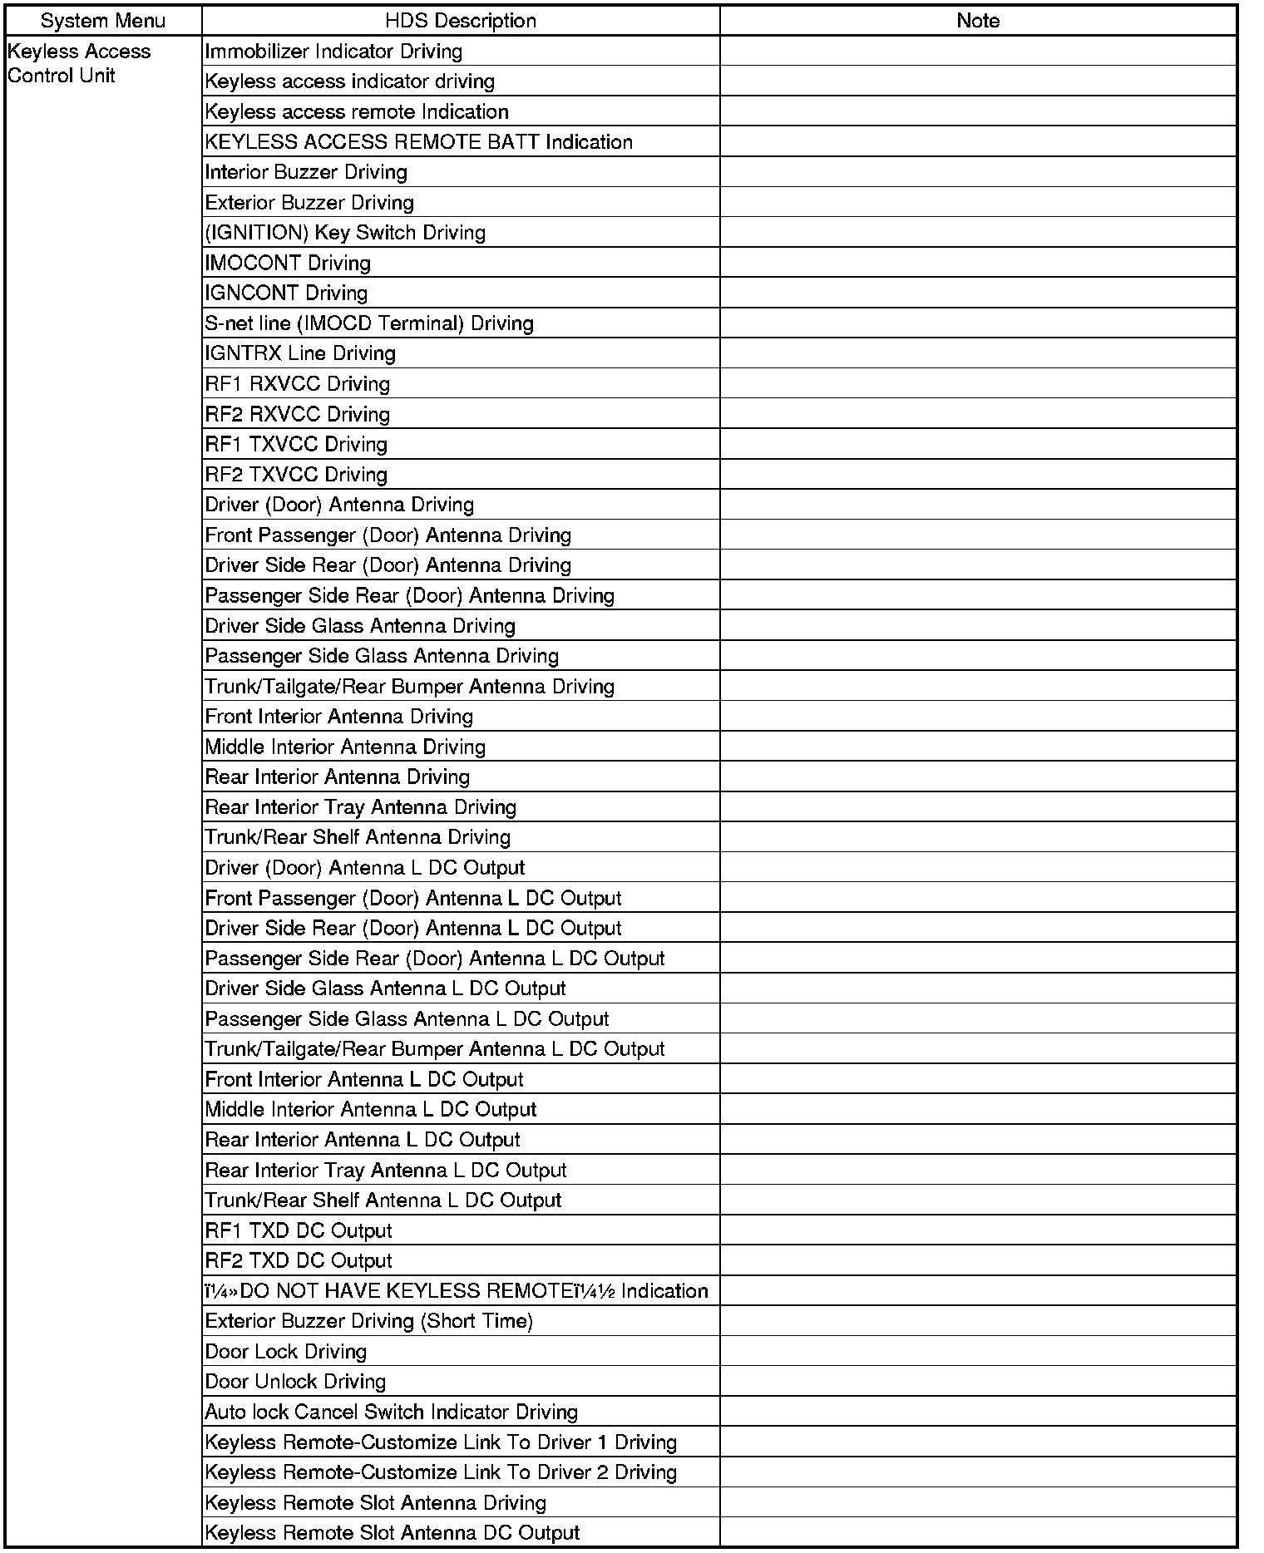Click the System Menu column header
click(x=102, y=21)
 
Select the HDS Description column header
click(x=460, y=21)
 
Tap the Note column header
click(x=978, y=21)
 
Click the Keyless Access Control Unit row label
click(x=79, y=63)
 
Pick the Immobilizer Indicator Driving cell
click(x=333, y=52)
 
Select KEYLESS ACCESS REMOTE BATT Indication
click(x=418, y=142)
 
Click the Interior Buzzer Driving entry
click(x=306, y=172)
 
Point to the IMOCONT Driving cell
click(x=288, y=263)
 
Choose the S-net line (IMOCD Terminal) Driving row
click(x=369, y=323)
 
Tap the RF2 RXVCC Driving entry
click(x=297, y=414)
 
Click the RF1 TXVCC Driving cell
click(x=296, y=444)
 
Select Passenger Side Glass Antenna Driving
click(x=382, y=656)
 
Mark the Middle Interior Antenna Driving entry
click(x=345, y=747)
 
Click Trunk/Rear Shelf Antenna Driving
click(x=358, y=837)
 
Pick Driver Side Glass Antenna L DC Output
click(x=385, y=988)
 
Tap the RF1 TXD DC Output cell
click(x=298, y=1230)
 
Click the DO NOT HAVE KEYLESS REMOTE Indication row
click(x=457, y=1291)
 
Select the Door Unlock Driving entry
click(x=295, y=1382)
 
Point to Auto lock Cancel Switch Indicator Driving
click(x=391, y=1412)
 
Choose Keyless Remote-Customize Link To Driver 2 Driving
click(x=441, y=1472)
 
